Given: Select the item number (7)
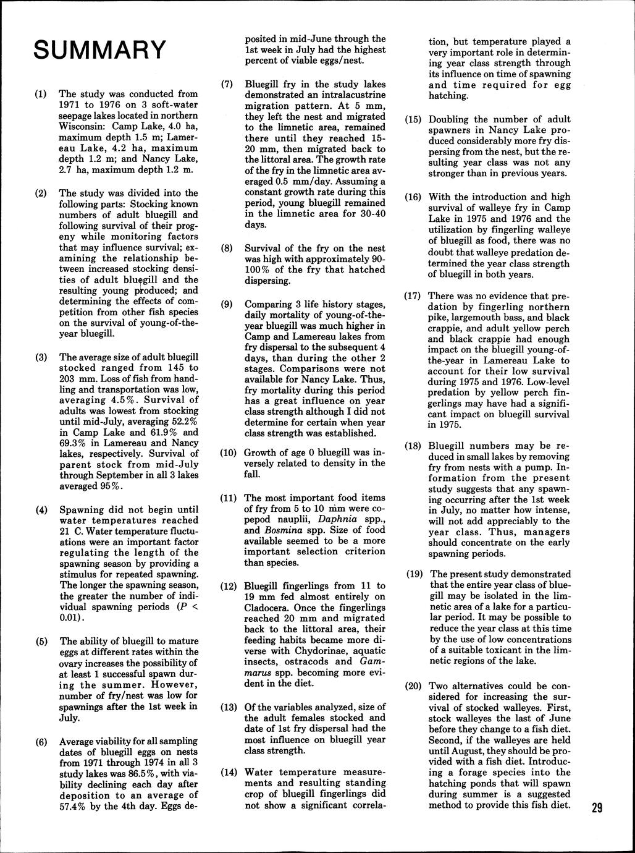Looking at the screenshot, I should (227, 84).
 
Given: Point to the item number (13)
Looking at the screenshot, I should (230, 707).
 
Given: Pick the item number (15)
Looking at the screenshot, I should (414, 119).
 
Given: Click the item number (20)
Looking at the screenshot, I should (414, 686).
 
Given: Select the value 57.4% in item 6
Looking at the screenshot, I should (74, 807).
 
